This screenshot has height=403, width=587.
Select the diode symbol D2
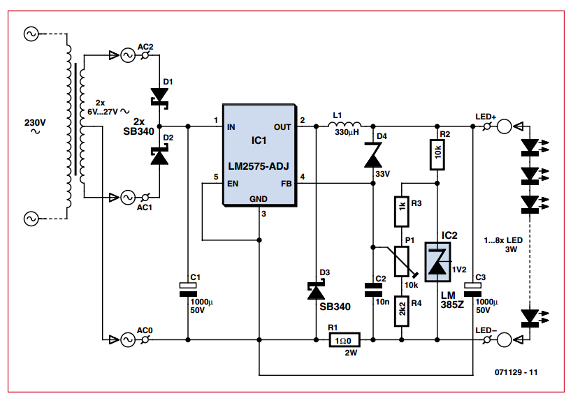[x=160, y=155]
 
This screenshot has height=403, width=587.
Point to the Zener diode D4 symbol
[x=373, y=154]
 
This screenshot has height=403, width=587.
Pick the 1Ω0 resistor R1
[x=345, y=340]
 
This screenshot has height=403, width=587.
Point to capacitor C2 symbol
[x=373, y=288]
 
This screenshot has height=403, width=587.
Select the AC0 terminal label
[x=145, y=330]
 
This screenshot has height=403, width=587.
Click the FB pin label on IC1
[x=286, y=184]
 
